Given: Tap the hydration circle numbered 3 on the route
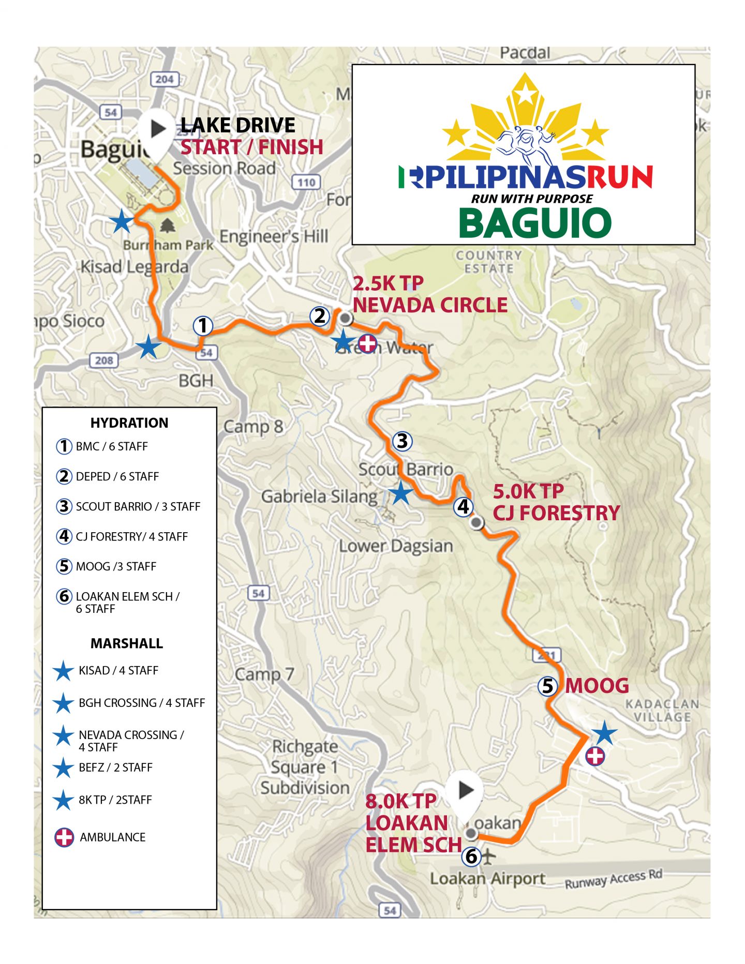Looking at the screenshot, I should pyautogui.click(x=402, y=441).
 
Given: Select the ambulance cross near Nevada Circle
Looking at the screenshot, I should pyautogui.click(x=367, y=343).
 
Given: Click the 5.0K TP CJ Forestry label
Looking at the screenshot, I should pyautogui.click(x=555, y=502).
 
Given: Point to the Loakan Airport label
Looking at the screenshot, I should pyautogui.click(x=487, y=879).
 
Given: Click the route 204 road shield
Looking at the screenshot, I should pyautogui.click(x=164, y=79).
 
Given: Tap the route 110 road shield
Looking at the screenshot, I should pyautogui.click(x=306, y=182).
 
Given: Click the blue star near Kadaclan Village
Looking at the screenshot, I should pyautogui.click(x=604, y=733).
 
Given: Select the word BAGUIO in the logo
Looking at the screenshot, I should pyautogui.click(x=535, y=223).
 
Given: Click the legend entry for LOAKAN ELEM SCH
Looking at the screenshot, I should pyautogui.click(x=127, y=602).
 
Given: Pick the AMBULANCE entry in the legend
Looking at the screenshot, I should pyautogui.click(x=112, y=837).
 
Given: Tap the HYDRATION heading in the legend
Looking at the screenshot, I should pyautogui.click(x=129, y=423).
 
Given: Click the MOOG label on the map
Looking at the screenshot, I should pyautogui.click(x=597, y=686).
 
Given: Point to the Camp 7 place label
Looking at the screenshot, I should pyautogui.click(x=264, y=674).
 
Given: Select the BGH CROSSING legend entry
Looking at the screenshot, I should pyautogui.click(x=141, y=703).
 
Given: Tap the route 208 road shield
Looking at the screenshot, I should pyautogui.click(x=104, y=360).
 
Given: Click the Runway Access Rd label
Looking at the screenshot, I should pyautogui.click(x=613, y=879).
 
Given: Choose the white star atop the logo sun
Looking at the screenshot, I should pyautogui.click(x=526, y=93).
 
